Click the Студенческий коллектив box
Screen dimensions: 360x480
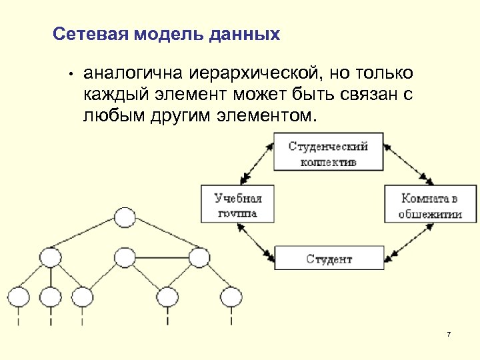pos(329,153)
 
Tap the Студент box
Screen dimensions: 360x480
pos(329,258)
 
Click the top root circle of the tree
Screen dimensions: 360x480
pos(124,217)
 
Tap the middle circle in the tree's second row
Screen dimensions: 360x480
pos(124,257)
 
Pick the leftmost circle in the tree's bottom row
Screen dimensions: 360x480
pos(19,296)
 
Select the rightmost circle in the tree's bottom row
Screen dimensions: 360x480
pos(231,296)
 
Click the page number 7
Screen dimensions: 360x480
pos(449,333)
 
